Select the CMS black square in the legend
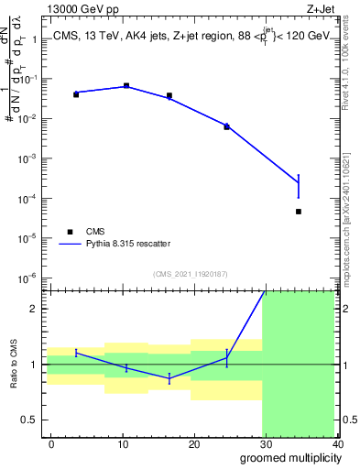pyautogui.click(x=68, y=232)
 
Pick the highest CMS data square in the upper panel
pyautogui.click(x=126, y=85)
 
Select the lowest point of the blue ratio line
pyautogui.click(x=169, y=378)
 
